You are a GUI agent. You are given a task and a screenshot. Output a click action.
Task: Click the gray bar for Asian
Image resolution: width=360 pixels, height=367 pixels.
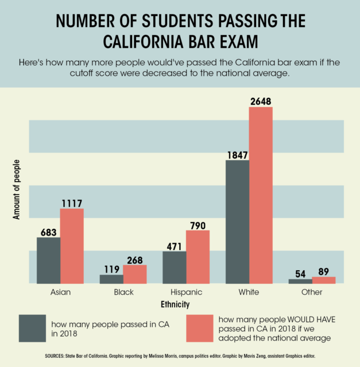[x=48, y=260]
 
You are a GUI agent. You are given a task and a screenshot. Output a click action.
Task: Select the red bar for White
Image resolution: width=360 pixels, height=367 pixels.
[x=260, y=195]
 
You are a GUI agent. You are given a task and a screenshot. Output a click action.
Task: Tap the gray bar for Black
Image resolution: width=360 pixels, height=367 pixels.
[x=111, y=279]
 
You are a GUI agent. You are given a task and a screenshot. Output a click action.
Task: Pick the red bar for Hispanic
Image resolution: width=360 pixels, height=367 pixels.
[x=198, y=257]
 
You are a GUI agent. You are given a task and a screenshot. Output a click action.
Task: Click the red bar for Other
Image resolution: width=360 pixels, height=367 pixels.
[x=323, y=280]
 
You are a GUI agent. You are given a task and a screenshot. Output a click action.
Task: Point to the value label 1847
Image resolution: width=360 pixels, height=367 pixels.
[x=237, y=155]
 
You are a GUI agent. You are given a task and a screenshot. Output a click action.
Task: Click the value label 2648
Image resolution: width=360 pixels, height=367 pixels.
[x=260, y=101]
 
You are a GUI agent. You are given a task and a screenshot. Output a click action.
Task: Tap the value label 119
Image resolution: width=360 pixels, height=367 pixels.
[x=111, y=269]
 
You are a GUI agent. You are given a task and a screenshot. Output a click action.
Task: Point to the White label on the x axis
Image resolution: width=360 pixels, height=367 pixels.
[x=249, y=292]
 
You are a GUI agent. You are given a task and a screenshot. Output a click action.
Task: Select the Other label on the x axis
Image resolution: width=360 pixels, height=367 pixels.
[x=312, y=292]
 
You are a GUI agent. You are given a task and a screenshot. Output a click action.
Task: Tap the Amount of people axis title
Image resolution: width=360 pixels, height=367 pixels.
[x=16, y=190]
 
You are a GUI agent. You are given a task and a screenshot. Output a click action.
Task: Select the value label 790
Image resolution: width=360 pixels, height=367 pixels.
[x=198, y=225]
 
